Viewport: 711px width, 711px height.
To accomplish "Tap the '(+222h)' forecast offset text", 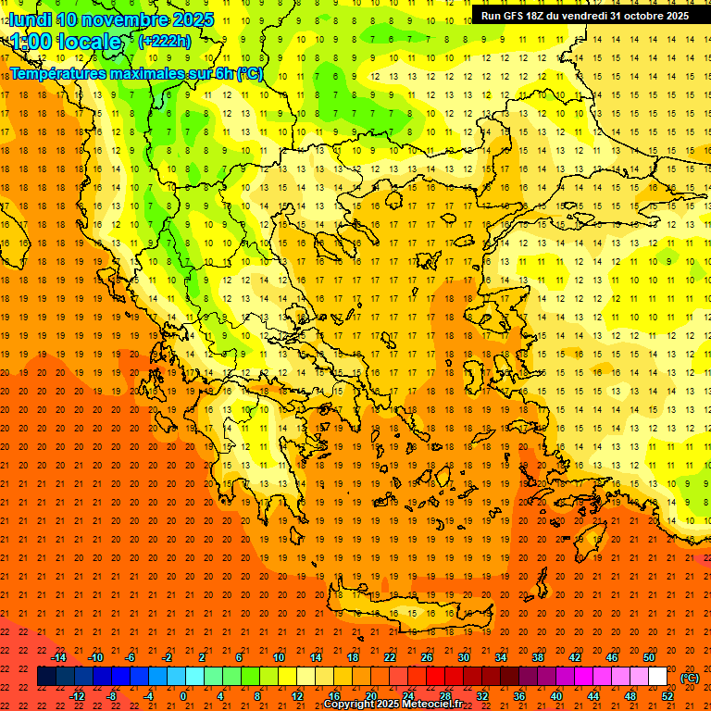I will pyautogui.click(x=164, y=41).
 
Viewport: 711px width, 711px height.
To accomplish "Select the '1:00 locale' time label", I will pyautogui.click(x=66, y=42).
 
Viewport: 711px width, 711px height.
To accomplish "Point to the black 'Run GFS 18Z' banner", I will pyautogui.click(x=584, y=16).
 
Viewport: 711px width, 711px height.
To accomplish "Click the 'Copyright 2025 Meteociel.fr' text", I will pyautogui.click(x=393, y=705).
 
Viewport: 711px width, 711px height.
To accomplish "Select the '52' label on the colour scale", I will pyautogui.click(x=667, y=696).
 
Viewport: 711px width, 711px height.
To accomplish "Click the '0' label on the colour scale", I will pyautogui.click(x=183, y=696).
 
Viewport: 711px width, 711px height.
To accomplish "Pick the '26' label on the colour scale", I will pyautogui.click(x=427, y=657).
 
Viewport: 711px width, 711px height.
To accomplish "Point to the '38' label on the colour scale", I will pyautogui.click(x=538, y=657).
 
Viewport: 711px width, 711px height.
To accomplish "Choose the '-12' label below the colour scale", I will pyautogui.click(x=77, y=696).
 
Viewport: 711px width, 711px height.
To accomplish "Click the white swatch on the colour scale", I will pyautogui.click(x=657, y=677).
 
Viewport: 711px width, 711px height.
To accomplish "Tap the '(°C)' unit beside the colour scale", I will pyautogui.click(x=689, y=678).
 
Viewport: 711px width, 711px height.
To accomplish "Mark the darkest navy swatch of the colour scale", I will pyautogui.click(x=46, y=677).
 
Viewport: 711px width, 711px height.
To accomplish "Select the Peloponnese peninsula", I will pyautogui.click(x=268, y=481).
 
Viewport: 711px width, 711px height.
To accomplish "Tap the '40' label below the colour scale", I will pyautogui.click(x=555, y=696).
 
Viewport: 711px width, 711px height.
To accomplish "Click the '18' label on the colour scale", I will pyautogui.click(x=353, y=657).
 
